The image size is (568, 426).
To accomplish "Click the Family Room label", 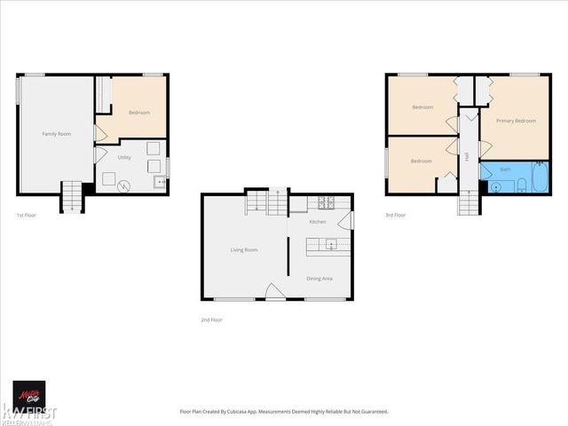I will (x=57, y=134).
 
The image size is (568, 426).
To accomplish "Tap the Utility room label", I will (x=124, y=156).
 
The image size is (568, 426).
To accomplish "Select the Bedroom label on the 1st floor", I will (x=139, y=113).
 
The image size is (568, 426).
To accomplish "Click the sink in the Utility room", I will (x=160, y=184).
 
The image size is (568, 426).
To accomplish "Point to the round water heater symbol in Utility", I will (x=125, y=185).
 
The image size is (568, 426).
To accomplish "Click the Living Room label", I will (x=244, y=250).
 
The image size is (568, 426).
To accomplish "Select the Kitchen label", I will (x=318, y=222).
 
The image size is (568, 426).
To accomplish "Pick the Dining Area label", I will (x=319, y=279).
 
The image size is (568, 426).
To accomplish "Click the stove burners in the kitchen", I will (x=325, y=201).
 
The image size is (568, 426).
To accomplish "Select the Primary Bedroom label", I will (x=516, y=121).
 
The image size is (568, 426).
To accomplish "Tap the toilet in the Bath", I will (x=521, y=185).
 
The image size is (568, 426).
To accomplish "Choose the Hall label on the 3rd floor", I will (x=467, y=156).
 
